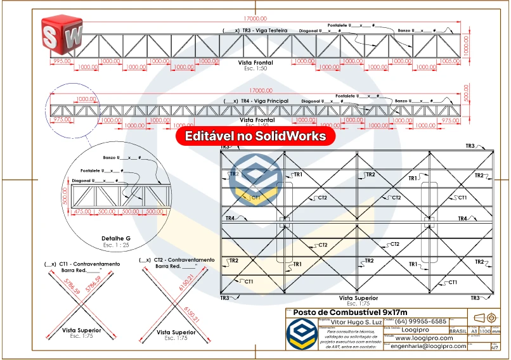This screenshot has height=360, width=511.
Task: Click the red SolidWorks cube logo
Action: click(x=62, y=34)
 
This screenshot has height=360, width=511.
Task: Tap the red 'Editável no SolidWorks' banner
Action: click(x=256, y=136)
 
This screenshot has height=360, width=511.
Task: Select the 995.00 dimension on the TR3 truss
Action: click(x=61, y=61)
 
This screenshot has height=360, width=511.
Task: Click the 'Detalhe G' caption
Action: click(x=115, y=238)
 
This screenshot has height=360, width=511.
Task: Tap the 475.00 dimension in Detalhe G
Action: click(x=82, y=211)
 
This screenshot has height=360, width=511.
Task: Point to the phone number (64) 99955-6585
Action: click(x=421, y=321)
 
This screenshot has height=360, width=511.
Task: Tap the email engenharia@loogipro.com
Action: click(x=429, y=346)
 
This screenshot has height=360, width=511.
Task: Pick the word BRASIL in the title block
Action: click(x=458, y=331)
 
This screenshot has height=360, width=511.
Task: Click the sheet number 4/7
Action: click(x=495, y=347)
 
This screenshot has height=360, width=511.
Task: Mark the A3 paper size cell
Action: click(x=473, y=331)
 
